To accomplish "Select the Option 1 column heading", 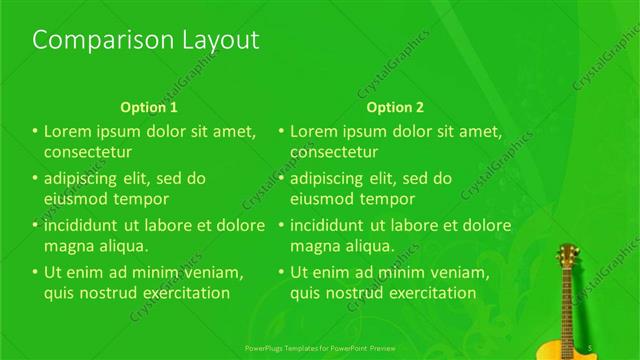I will (x=149, y=107).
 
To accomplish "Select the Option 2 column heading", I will (x=395, y=107).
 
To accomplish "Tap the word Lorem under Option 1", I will (x=68, y=131).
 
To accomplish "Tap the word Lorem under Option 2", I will (x=314, y=131).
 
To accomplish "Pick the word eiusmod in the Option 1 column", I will (x=74, y=199).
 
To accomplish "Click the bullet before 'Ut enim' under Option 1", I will (x=35, y=272).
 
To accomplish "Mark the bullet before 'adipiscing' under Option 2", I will (x=281, y=178).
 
